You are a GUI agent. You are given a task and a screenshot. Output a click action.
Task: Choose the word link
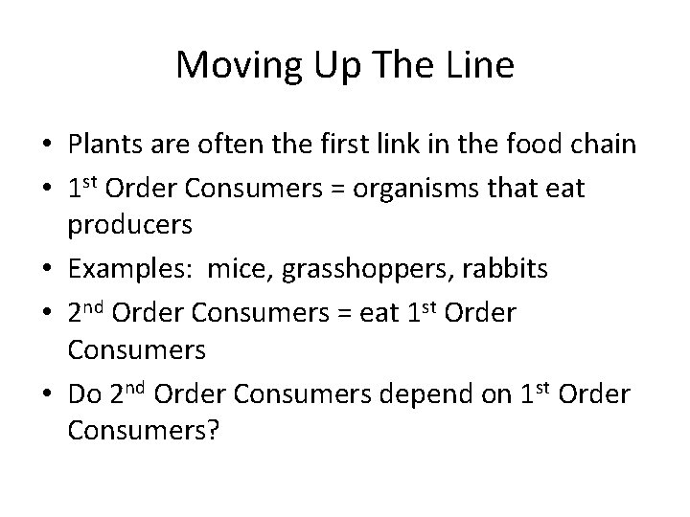coord(388,145)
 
